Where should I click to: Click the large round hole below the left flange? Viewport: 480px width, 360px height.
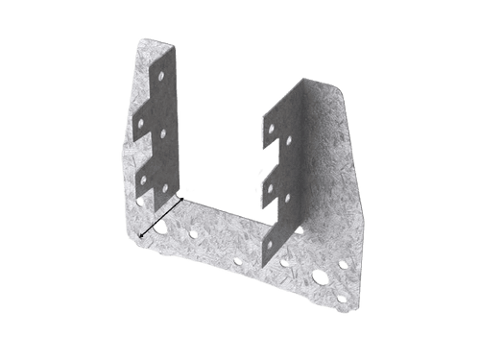coord(159,227)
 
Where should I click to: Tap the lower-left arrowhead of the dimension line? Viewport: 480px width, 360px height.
coord(141,235)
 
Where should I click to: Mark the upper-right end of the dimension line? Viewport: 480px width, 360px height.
coord(182,199)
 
